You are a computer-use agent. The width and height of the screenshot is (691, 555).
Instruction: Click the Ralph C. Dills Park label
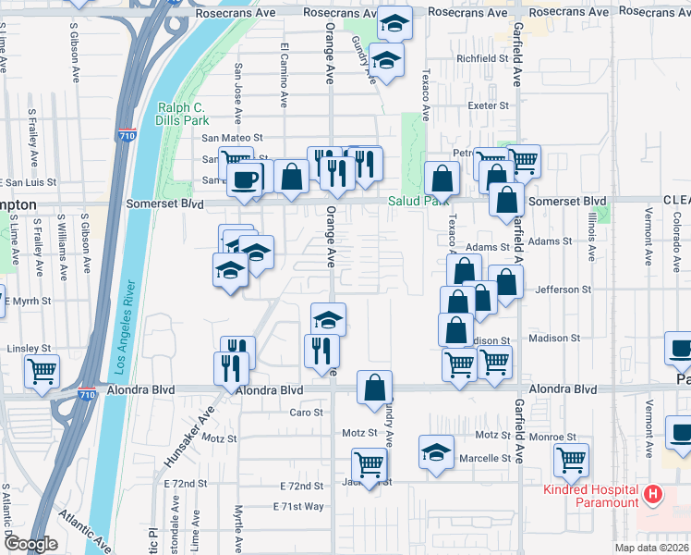click(183, 114)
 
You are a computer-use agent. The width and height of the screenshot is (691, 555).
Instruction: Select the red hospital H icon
click(653, 495)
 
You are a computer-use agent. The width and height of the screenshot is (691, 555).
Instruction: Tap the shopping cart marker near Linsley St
click(42, 371)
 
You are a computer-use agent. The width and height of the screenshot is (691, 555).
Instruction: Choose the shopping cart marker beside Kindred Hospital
click(571, 458)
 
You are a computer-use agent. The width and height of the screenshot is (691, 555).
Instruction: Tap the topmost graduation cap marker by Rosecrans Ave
click(395, 23)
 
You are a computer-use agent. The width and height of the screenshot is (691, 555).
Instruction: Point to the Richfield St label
click(483, 57)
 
